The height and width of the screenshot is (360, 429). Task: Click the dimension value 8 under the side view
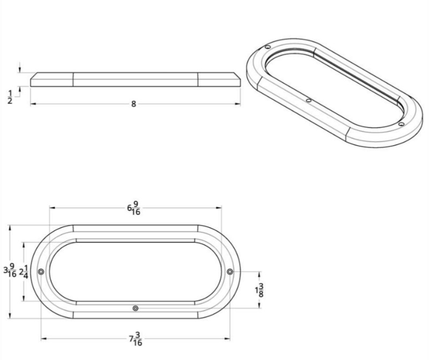(x=134, y=104)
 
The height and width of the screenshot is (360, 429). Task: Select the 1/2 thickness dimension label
(x=10, y=97)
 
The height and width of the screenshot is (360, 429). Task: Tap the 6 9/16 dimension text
(x=134, y=208)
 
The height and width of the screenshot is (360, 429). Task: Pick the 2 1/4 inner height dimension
(x=24, y=272)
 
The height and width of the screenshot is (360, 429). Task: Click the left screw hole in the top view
(x=41, y=272)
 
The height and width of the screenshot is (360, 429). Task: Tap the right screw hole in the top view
(x=230, y=272)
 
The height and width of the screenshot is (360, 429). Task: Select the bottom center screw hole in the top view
(x=135, y=308)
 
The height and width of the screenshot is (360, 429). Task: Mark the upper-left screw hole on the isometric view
(x=268, y=48)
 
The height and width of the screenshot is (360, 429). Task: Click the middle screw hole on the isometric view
(x=308, y=100)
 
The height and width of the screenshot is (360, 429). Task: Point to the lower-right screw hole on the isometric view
(x=401, y=124)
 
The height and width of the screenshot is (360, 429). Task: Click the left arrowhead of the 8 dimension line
(x=32, y=104)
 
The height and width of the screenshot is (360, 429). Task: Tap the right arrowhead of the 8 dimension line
(x=238, y=104)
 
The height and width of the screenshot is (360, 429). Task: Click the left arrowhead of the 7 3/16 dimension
(x=43, y=339)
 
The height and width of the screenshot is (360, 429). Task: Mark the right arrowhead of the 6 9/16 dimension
(x=219, y=208)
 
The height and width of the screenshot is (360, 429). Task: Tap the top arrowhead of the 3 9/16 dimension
(x=10, y=227)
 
